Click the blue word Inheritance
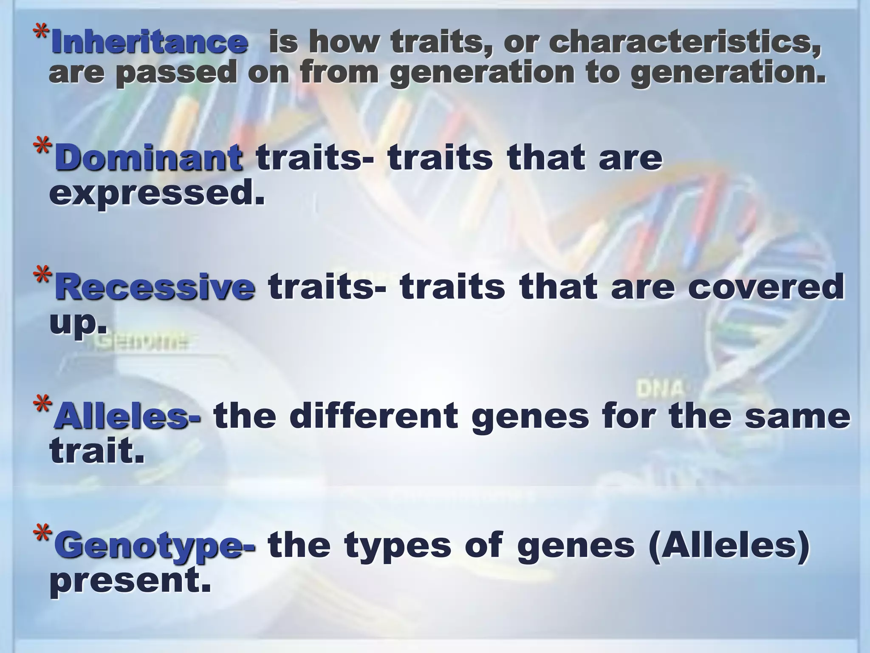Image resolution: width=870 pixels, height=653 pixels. point(149,43)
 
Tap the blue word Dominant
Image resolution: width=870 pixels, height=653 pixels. point(149,158)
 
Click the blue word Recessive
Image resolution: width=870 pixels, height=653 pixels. point(155,287)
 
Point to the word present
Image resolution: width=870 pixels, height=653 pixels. point(130,582)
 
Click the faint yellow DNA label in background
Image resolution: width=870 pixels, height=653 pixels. point(660,389)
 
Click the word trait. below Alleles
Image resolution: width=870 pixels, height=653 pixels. point(97,451)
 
